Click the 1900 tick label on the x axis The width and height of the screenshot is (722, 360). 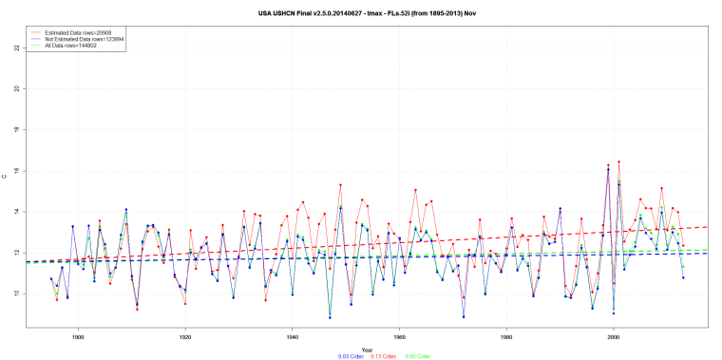pyautogui.click(x=78, y=335)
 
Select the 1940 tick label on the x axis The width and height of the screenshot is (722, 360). pyautogui.click(x=293, y=335)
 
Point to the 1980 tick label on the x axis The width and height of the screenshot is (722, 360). pyautogui.click(x=506, y=335)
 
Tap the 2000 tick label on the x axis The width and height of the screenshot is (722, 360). pyautogui.click(x=614, y=335)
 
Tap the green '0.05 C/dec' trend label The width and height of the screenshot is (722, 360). pyautogui.click(x=418, y=356)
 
